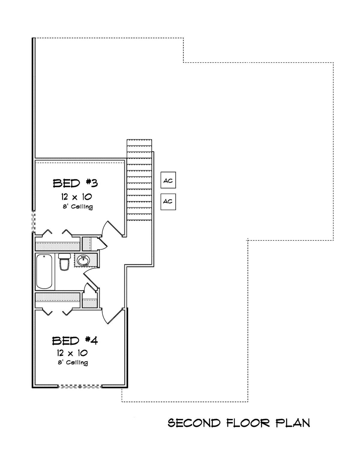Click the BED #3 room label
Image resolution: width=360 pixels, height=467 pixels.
[75, 183]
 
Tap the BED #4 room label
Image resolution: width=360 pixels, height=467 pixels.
[75, 341]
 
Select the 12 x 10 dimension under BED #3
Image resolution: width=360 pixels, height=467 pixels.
[76, 197]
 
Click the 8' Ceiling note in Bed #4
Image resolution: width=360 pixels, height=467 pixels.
[73, 362]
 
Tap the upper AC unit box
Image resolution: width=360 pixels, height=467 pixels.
[168, 180]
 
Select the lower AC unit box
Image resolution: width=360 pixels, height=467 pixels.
[168, 201]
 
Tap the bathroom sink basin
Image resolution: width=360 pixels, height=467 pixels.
[83, 260]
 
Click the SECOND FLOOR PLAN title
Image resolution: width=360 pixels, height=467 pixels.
[238, 423]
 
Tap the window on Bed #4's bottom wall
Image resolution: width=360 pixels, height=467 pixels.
[80, 387]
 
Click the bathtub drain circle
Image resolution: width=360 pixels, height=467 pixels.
[44, 257]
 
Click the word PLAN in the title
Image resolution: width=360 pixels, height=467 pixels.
[292, 423]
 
